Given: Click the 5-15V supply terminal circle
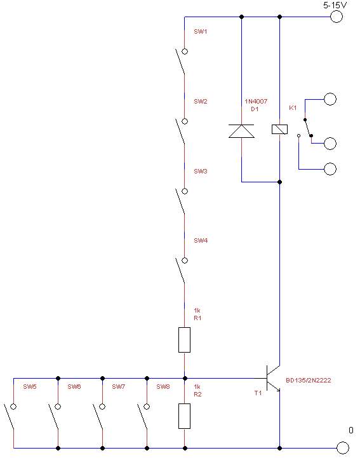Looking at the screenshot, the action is point(337,17).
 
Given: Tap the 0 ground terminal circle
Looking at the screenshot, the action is point(343,448).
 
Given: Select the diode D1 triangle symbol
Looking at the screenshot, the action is point(241,131).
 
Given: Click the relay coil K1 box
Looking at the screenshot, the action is point(279,130).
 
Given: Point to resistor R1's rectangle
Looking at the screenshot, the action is point(184,340).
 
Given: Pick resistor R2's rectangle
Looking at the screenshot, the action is point(184,416).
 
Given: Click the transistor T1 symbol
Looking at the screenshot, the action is point(273,379).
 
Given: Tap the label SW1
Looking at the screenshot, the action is point(201,32).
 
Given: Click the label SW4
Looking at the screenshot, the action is point(201,241).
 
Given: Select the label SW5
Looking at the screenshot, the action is point(30,387).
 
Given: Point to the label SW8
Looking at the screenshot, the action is point(163,387).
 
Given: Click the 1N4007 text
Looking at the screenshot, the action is point(256,102).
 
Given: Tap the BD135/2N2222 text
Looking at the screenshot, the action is point(309,380).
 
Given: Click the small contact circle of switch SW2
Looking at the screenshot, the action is point(185,121).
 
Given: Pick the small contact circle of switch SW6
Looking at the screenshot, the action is point(58,407).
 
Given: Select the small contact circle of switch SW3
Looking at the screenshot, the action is point(185,191).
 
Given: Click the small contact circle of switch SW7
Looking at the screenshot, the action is point(102,407).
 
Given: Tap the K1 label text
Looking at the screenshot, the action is point(293,108).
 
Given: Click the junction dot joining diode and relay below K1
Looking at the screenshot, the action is point(279,182).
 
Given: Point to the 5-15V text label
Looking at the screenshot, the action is point(335,5).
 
